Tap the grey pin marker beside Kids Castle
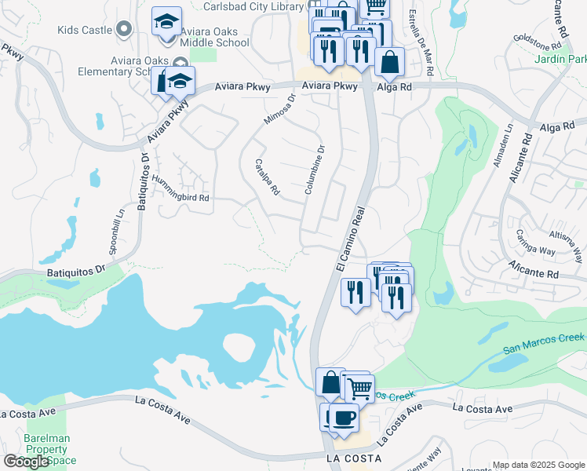pyautogui.click(x=123, y=30)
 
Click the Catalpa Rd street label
pyautogui.click(x=268, y=177)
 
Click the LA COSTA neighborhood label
pyautogui.click(x=353, y=458)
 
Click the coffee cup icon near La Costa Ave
pyautogui.click(x=343, y=416)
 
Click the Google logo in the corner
pyautogui.click(x=26, y=462)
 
